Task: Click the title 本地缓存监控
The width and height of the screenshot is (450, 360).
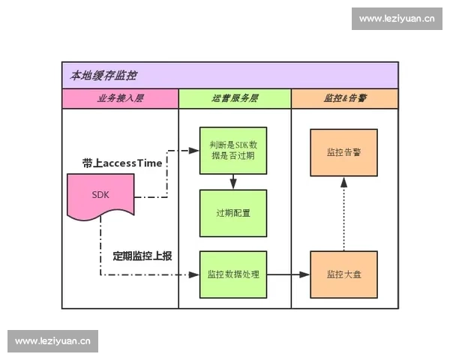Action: [x=103, y=76]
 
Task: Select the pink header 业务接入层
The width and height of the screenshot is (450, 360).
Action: [x=120, y=98]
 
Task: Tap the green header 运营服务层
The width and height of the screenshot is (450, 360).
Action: [x=235, y=98]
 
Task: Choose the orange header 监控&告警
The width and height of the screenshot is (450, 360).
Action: [x=344, y=98]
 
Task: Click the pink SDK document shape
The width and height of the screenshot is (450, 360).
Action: [x=100, y=196]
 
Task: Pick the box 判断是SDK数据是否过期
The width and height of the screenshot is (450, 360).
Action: [x=233, y=151]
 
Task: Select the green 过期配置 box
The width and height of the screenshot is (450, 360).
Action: [x=233, y=213]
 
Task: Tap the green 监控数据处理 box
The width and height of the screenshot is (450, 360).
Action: [x=233, y=274]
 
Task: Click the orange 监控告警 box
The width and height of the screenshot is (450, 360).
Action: [x=343, y=152]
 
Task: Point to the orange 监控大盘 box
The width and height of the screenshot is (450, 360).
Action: [x=343, y=274]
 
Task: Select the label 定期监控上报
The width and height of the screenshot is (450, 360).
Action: [x=142, y=256]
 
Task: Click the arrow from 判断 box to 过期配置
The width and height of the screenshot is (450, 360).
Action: [x=233, y=181]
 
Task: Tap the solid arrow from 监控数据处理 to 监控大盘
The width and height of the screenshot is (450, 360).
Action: [x=288, y=274]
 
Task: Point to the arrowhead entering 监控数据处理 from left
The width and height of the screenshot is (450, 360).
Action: [x=195, y=274]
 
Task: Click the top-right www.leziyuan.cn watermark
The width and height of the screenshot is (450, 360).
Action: [x=396, y=18]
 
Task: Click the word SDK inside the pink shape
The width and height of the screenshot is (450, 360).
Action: [x=100, y=194]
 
